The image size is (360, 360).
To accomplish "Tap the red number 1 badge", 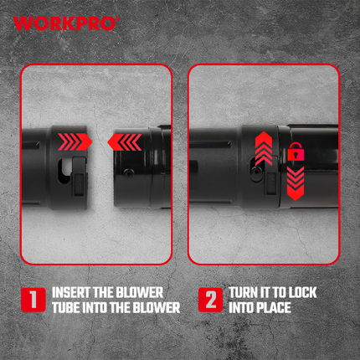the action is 33,300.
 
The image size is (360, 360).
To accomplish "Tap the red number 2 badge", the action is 211,300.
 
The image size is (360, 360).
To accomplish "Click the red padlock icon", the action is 296,152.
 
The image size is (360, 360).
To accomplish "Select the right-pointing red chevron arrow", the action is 75,142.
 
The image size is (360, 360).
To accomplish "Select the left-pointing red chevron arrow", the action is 125,142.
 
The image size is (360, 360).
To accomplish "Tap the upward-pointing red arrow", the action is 264,148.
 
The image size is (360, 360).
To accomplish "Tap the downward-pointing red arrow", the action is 296,183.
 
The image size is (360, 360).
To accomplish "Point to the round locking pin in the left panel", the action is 128,173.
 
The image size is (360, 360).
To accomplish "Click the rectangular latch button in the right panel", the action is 271,183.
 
